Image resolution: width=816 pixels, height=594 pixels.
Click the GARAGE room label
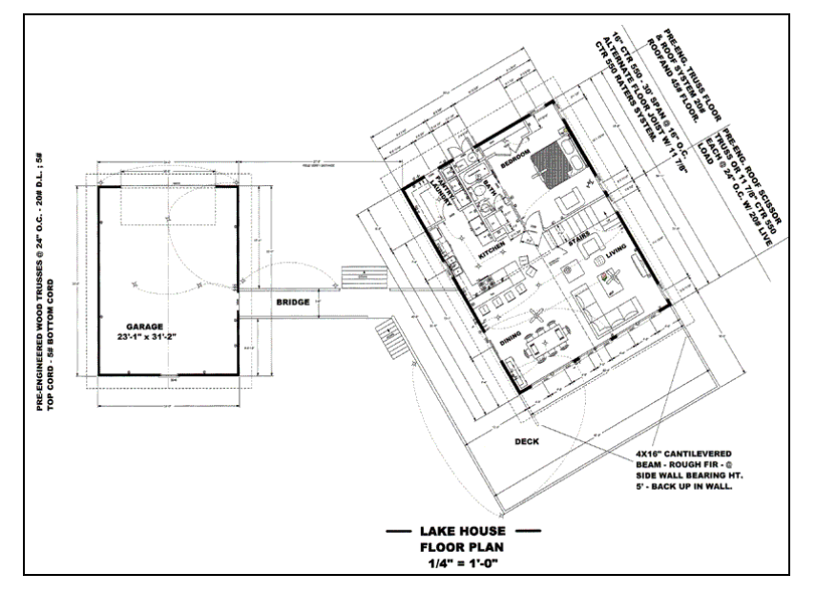pos(147,326)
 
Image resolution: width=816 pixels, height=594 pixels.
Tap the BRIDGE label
pos(292,303)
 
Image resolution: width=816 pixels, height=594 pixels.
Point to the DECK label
pos(527,442)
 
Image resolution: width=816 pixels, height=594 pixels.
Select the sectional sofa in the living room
pos(611,310)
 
